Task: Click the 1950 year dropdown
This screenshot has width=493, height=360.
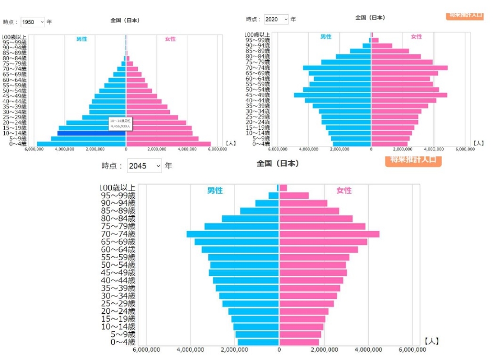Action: click(33, 22)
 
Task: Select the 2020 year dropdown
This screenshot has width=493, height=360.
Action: click(276, 19)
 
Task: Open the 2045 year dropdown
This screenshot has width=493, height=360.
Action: click(144, 166)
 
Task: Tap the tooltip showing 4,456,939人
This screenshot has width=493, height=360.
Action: click(121, 124)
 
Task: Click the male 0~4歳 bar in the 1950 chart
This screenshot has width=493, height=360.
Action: click(81, 144)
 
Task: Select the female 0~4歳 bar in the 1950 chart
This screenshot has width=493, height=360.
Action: click(168, 144)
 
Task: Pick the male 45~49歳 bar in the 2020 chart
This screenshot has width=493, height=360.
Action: click(333, 95)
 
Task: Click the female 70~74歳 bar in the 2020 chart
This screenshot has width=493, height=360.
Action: click(409, 68)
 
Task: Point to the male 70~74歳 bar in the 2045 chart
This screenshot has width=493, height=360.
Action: click(233, 234)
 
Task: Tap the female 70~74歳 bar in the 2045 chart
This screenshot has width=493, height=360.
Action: click(329, 234)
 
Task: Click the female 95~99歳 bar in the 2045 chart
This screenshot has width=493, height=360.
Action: click(294, 196)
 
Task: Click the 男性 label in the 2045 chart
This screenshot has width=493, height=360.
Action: click(215, 190)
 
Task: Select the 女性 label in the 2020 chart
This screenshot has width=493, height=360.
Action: click(416, 37)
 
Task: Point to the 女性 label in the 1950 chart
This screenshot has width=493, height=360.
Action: click(170, 39)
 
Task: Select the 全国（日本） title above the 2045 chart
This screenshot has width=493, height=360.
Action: click(278, 164)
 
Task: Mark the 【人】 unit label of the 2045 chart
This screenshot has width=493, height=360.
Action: click(431, 341)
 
